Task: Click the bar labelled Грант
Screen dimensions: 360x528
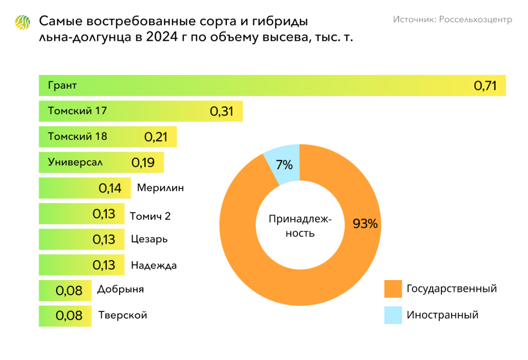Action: pyautogui.click(x=258, y=86)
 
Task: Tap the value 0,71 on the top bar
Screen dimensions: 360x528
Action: pyautogui.click(x=485, y=86)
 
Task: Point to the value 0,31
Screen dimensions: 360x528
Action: pyautogui.click(x=222, y=111)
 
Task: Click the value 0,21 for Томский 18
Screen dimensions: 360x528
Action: pyautogui.click(x=156, y=137)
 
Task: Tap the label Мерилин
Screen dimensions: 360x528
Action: pyautogui.click(x=160, y=188)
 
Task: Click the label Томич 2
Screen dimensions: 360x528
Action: pyautogui.click(x=150, y=216)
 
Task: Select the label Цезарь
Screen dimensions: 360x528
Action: pyautogui.click(x=149, y=239)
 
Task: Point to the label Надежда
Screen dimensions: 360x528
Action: pyautogui.click(x=154, y=266)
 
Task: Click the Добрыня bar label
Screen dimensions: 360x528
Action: pyautogui.click(x=120, y=289)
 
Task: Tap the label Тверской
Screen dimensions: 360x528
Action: pyautogui.click(x=123, y=315)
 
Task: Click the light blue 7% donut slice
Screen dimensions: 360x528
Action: pyautogui.click(x=283, y=164)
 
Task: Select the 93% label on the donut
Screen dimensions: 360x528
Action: pyautogui.click(x=365, y=224)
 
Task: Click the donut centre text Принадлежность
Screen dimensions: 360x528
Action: pyautogui.click(x=300, y=226)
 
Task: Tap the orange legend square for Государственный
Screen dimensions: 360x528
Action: pyautogui.click(x=393, y=289)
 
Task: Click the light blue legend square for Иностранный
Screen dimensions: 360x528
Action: pyautogui.click(x=393, y=315)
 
